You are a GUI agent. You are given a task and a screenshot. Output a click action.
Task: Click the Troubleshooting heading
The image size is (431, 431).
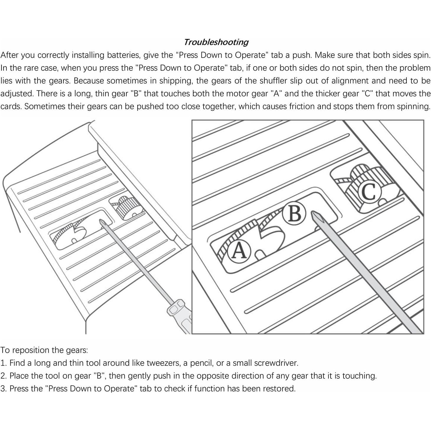pyautogui.click(x=216, y=42)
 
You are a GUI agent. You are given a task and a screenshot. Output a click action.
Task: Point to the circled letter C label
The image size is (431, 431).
pyautogui.click(x=369, y=192)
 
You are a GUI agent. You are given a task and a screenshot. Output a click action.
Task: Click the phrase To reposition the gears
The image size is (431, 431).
pyautogui.click(x=44, y=350)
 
